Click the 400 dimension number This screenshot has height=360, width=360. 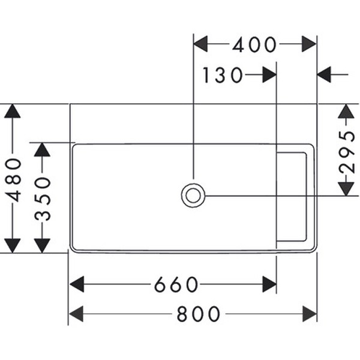(x=254, y=44)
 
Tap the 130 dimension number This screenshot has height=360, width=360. (x=223, y=76)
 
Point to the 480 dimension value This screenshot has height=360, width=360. (x=13, y=179)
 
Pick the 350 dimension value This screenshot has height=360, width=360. (x=42, y=198)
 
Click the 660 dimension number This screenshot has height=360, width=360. (x=176, y=284)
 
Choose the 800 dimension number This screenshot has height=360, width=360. (x=199, y=314)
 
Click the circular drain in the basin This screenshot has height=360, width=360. (x=193, y=195)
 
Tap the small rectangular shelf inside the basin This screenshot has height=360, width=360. (x=292, y=197)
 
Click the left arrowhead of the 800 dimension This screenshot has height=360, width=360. (x=76, y=314)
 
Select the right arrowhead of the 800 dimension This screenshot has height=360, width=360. (x=309, y=314)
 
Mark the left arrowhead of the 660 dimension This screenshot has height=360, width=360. (x=76, y=284)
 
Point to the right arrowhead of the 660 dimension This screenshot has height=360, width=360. (x=269, y=284)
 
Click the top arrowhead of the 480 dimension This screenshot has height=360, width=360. (x=13, y=112)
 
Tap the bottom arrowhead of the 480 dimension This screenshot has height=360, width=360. (x=13, y=245)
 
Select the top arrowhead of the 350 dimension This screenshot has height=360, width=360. (x=42, y=149)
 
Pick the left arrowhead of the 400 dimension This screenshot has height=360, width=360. (x=200, y=44)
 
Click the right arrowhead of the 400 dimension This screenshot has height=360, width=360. (x=309, y=44)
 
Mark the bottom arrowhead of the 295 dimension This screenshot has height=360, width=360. (x=346, y=188)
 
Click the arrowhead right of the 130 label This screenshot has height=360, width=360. (x=269, y=75)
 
